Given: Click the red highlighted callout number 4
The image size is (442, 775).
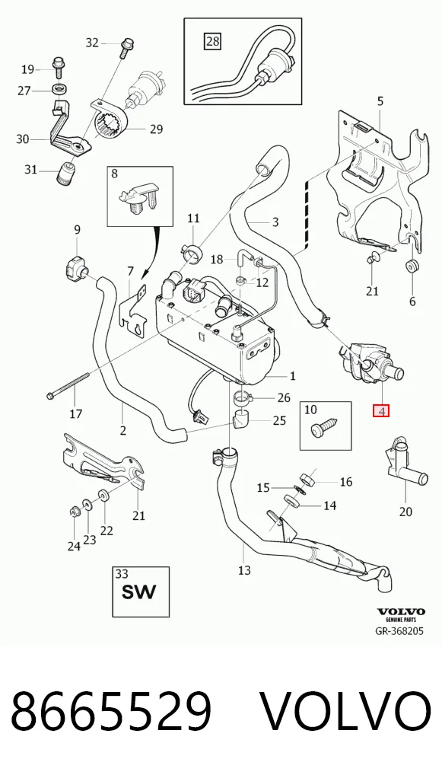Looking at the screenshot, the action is (381, 410).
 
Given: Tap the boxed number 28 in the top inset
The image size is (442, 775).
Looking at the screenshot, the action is (212, 41).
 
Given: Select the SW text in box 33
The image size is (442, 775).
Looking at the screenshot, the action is (140, 592).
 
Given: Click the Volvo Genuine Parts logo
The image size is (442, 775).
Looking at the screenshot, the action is (400, 615).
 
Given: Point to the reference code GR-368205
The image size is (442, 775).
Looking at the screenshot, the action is (399, 630).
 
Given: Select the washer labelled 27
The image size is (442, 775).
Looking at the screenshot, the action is (59, 90).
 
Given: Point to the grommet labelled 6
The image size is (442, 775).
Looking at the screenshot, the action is (412, 267).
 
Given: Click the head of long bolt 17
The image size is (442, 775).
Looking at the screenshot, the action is (52, 395).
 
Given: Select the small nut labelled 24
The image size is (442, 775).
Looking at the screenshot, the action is (74, 512).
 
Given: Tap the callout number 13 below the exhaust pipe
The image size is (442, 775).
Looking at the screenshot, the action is (244, 570).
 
